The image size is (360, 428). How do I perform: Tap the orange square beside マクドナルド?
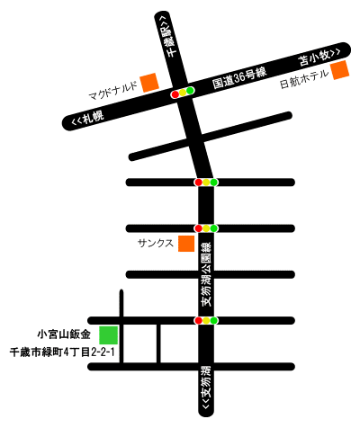point(149,83)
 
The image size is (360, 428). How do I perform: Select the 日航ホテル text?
point(304,79)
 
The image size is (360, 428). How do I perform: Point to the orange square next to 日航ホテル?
point(340,70)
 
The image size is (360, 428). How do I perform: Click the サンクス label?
point(156,243)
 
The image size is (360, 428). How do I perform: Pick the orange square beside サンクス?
point(186,244)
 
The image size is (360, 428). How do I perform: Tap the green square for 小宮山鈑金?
point(109,335)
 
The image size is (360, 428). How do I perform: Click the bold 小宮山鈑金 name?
point(64,334)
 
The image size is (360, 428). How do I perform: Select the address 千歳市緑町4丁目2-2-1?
point(62,352)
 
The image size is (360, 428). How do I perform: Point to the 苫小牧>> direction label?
point(319,58)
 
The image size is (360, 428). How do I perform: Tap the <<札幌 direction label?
point(87,118)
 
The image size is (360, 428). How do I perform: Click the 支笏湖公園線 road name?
point(206,274)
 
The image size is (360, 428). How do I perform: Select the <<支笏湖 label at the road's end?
point(206,388)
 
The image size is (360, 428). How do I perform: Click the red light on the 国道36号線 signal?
point(175,94)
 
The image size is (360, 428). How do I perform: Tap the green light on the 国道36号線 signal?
point(190,90)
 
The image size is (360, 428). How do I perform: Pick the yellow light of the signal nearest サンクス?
point(206,228)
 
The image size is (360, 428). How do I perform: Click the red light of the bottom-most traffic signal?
point(198,320)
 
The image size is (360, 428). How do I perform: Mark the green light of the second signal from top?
point(213,183)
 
